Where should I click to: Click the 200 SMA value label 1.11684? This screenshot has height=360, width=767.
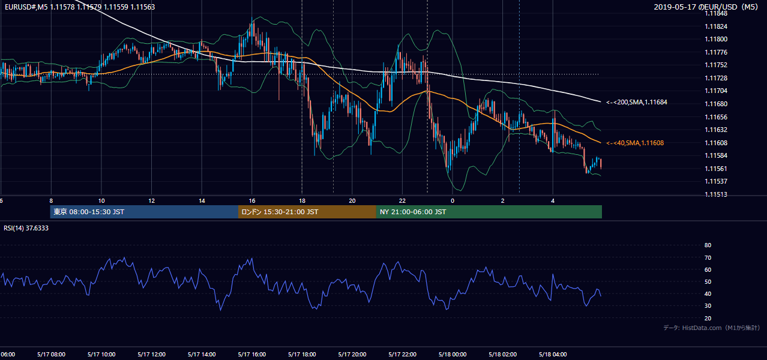tap(637, 102)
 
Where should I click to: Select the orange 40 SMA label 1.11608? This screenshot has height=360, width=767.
tap(635, 143)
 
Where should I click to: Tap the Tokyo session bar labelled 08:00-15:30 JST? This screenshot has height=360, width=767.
tap(144, 212)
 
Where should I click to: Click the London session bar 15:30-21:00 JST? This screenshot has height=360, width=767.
tap(307, 212)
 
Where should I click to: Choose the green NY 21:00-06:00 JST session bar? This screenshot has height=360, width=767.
tap(489, 212)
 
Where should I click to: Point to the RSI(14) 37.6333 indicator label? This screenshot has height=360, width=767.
tap(26, 228)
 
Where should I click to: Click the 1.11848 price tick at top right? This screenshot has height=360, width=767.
tap(716, 14)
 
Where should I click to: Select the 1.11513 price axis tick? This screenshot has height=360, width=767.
tap(716, 194)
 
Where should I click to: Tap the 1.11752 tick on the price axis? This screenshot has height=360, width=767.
tap(716, 65)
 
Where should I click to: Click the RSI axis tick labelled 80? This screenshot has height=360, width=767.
tap(708, 245)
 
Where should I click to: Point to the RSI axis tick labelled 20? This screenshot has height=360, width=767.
tap(708, 318)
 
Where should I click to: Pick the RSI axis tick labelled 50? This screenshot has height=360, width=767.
tap(708, 281)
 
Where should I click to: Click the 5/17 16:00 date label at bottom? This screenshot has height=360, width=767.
tap(252, 355)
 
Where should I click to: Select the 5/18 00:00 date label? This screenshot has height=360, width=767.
tap(453, 355)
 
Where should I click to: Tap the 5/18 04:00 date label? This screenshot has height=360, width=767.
tap(553, 355)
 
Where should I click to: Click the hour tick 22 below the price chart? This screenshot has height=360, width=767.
tap(402, 201)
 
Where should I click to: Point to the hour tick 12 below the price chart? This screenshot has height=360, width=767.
tap(152, 201)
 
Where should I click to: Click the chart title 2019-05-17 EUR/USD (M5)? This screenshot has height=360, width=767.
tap(706, 7)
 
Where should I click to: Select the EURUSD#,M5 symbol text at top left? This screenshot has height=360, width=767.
tap(26, 7)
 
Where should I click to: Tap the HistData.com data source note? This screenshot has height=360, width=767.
tap(712, 328)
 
